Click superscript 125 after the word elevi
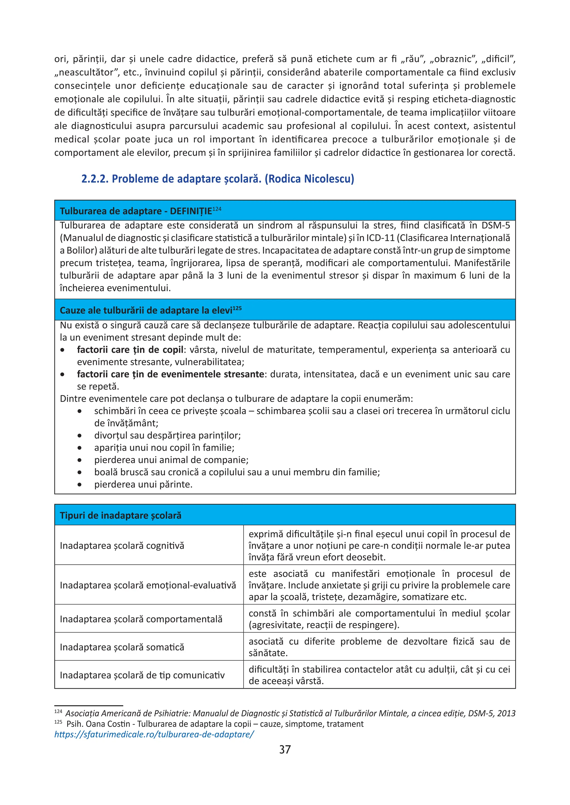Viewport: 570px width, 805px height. click(237, 308)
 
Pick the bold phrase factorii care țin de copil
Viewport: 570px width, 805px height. click(130, 350)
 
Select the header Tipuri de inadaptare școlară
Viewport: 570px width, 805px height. click(121, 515)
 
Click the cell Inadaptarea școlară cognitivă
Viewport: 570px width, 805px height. click(122, 546)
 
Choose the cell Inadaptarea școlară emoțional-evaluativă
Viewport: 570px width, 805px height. click(148, 585)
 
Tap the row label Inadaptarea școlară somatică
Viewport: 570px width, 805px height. click(122, 647)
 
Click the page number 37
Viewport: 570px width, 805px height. click(285, 750)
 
